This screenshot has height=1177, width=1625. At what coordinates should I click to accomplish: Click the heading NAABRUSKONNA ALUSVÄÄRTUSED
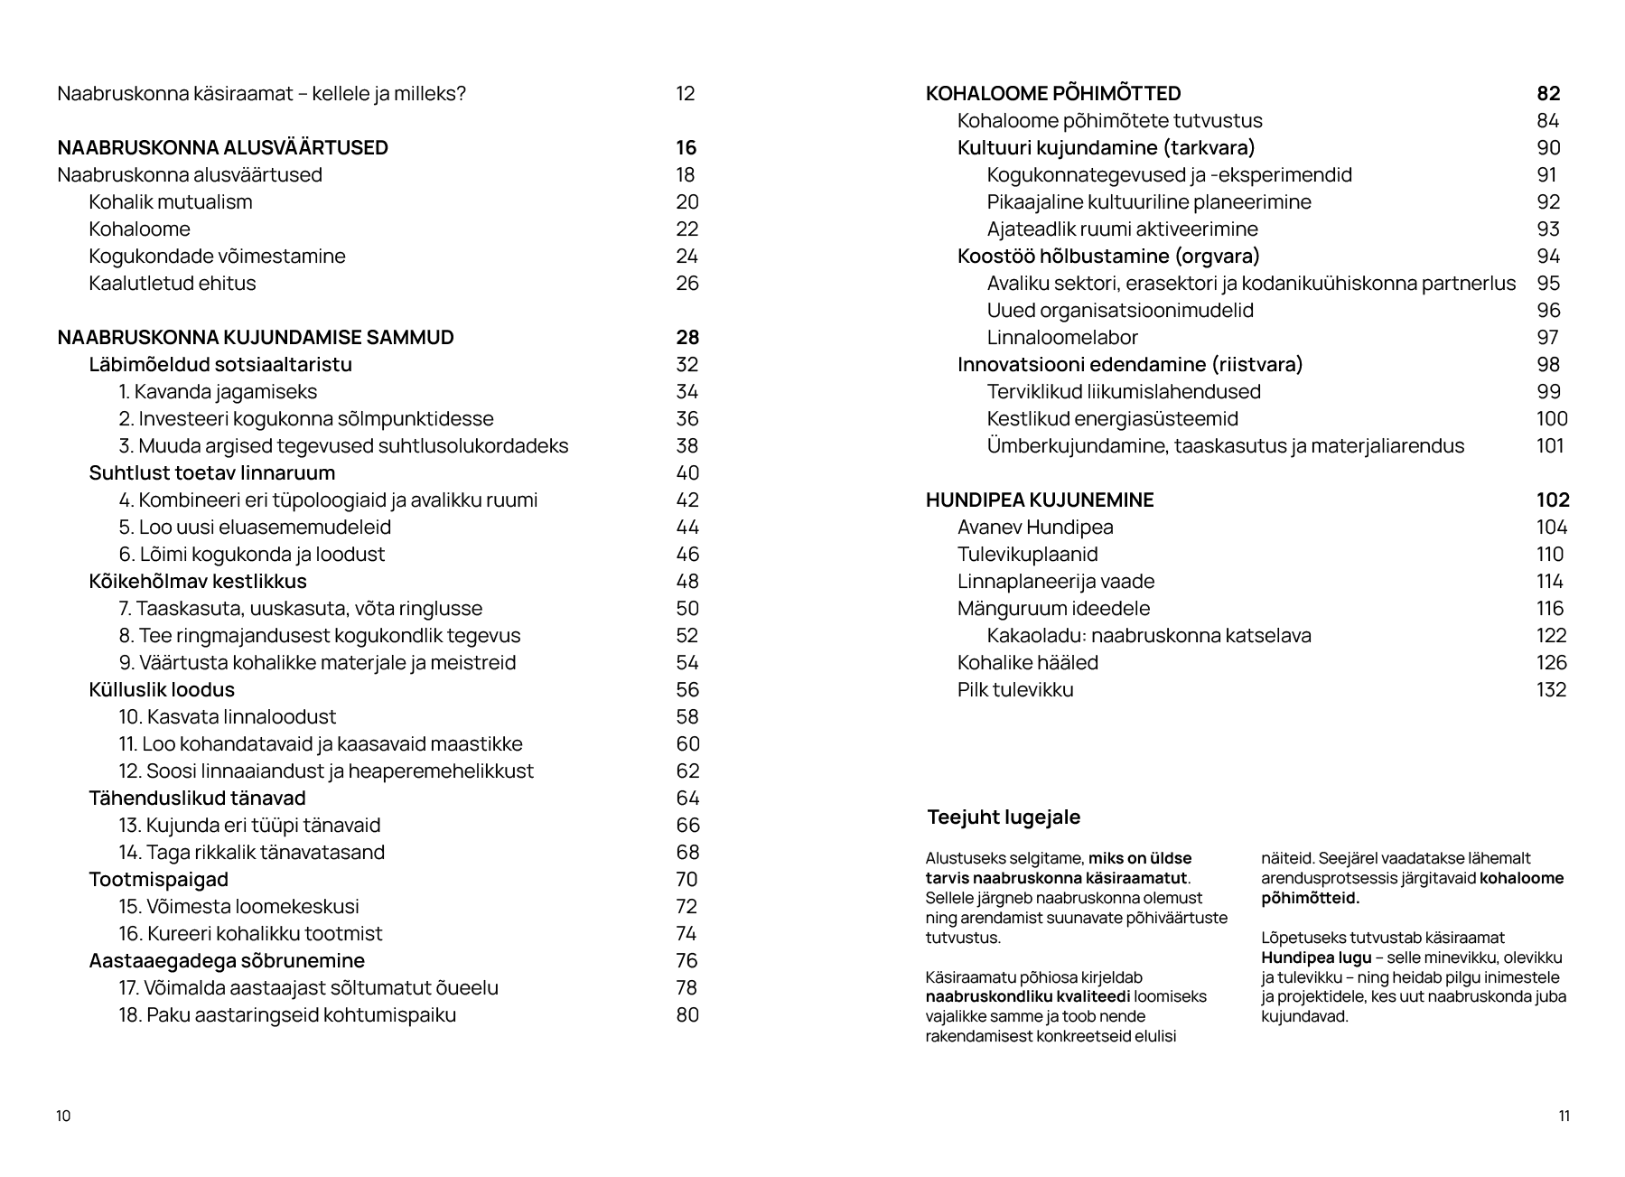[222, 147]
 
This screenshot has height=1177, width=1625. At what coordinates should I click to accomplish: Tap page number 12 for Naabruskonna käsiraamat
[685, 93]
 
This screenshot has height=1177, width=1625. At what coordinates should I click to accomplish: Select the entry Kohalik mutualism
[171, 201]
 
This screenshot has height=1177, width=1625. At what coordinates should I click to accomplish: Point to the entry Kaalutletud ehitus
[173, 283]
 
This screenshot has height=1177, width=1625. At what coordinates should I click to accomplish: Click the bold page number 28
[686, 337]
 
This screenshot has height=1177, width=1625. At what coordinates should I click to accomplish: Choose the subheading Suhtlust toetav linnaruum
[211, 472]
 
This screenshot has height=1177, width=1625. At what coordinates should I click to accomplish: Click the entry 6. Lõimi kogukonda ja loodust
[252, 554]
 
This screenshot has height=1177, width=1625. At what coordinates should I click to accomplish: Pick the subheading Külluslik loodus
[162, 689]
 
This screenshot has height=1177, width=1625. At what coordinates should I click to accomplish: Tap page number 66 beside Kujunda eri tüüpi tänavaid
[687, 825]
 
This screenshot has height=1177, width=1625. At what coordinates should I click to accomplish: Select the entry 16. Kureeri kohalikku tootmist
[250, 933]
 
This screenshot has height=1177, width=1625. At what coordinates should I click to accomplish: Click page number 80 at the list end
[687, 1014]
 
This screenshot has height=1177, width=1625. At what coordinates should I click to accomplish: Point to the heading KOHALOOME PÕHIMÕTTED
[1053, 93]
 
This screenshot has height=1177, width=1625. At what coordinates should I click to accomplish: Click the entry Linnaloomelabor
[1061, 337]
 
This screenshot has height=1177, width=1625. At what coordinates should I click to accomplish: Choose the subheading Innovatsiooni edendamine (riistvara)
[1129, 364]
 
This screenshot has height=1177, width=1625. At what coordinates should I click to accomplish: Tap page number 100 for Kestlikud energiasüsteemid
[1551, 418]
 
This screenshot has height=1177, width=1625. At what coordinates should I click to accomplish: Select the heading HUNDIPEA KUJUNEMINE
[1040, 500]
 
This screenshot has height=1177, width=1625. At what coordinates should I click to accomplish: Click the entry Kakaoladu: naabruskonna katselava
[1148, 635]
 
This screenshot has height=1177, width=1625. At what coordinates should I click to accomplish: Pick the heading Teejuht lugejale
[1004, 817]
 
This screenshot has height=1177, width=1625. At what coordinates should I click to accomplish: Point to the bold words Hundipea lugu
[1316, 957]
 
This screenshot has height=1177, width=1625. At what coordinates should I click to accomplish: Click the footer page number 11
[1564, 1116]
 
